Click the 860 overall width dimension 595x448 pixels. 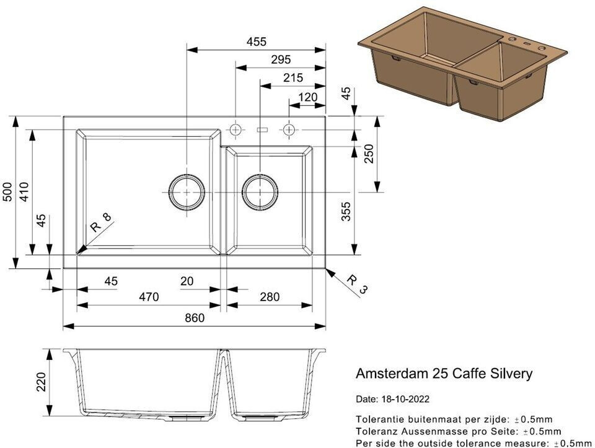click(x=195, y=318)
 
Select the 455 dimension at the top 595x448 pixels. click(x=257, y=42)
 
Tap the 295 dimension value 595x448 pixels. click(x=281, y=59)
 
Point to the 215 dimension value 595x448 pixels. click(x=293, y=77)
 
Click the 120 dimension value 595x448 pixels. click(x=308, y=97)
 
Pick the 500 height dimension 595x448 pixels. click(x=8, y=192)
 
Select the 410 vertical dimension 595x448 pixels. click(x=24, y=192)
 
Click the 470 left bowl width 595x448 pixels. click(x=149, y=297)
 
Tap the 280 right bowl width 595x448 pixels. click(x=270, y=297)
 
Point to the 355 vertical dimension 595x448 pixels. click(x=346, y=212)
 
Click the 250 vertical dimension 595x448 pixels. click(x=369, y=154)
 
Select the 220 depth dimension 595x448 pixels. click(x=41, y=382)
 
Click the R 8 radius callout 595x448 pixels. click(x=101, y=222)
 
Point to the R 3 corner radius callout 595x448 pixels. click(x=357, y=285)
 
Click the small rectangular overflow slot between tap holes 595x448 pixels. click(x=262, y=130)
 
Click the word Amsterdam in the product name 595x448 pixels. click(x=391, y=374)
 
